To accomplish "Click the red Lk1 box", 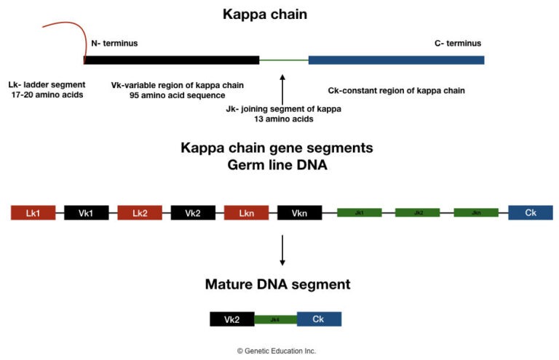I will [33, 213].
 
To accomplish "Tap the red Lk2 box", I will [140, 213].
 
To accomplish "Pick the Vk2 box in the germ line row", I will [193, 213].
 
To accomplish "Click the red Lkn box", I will [246, 213].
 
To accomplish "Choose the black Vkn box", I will [299, 213].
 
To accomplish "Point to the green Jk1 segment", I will [360, 213].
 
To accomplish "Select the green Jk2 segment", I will [418, 213].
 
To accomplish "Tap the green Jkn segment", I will [476, 213].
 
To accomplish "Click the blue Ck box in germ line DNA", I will [531, 213].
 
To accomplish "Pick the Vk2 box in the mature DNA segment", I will [232, 319].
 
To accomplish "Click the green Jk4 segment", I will [275, 319].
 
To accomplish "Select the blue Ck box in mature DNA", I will [319, 319].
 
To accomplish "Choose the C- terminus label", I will [453, 44].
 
